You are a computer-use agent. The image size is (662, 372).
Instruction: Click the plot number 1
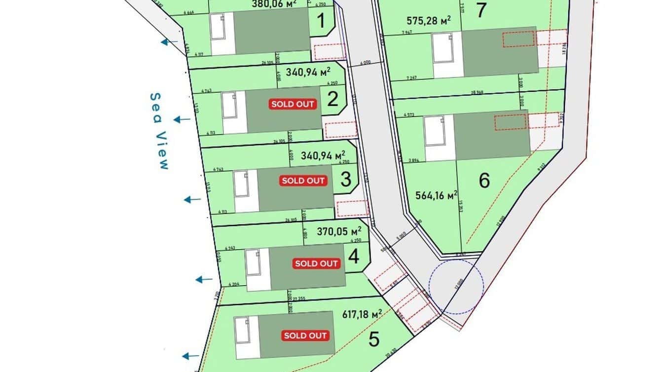pyautogui.click(x=321, y=22)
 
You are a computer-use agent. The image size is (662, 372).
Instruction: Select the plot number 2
pyautogui.click(x=333, y=100)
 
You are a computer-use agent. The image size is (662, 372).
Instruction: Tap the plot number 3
pyautogui.click(x=346, y=180)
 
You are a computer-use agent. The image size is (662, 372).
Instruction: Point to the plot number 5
pyautogui.click(x=374, y=339)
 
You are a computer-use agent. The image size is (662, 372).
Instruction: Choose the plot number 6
pyautogui.click(x=484, y=181)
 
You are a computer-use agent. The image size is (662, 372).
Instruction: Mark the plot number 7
pyautogui.click(x=481, y=10)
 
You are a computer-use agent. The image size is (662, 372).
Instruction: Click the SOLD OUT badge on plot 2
pyautogui.click(x=293, y=104)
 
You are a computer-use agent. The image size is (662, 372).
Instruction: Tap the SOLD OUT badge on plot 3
pyautogui.click(x=303, y=181)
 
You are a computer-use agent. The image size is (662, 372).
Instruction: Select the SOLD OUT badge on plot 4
pyautogui.click(x=316, y=263)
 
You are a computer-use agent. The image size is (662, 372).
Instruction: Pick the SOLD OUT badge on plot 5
pyautogui.click(x=305, y=335)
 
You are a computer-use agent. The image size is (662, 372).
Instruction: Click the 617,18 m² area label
pyautogui.click(x=362, y=314)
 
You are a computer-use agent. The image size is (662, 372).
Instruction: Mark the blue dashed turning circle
pyautogui.click(x=456, y=286)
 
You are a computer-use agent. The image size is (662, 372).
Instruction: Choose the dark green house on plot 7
pyautogui.click(x=499, y=52)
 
